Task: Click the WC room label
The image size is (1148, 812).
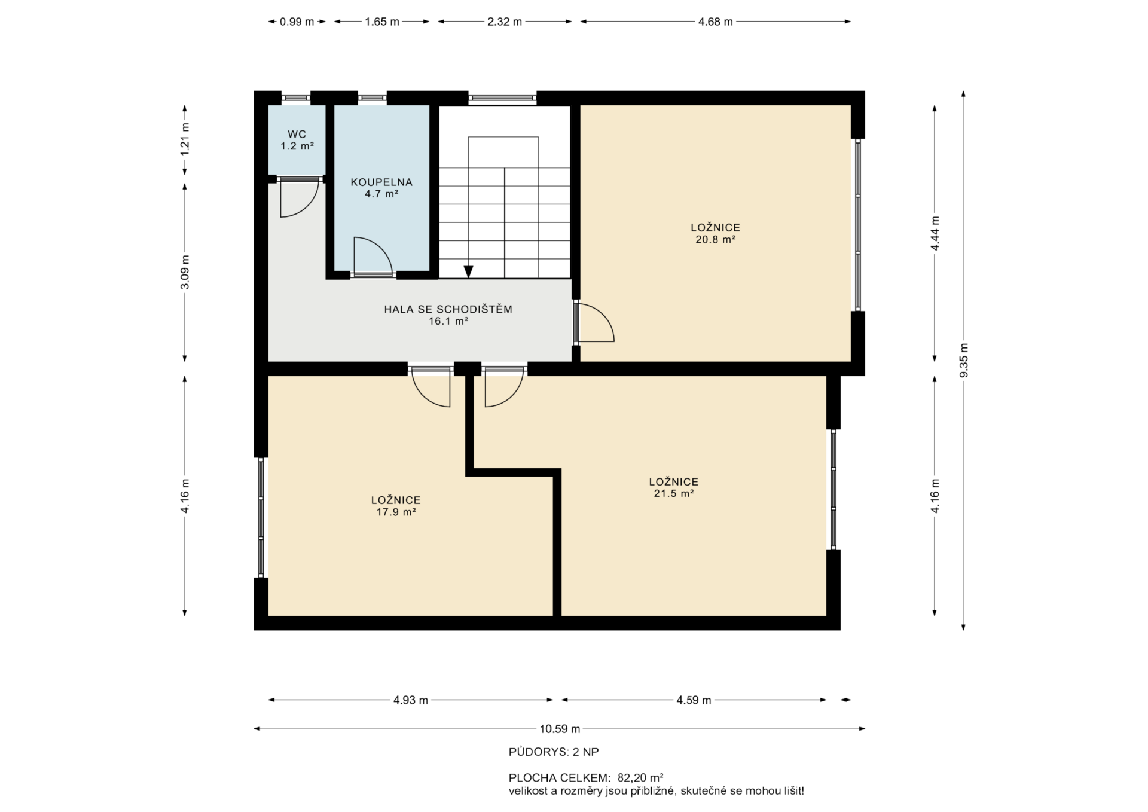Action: pos(297,134)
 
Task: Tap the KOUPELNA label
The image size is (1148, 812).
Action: pos(381,182)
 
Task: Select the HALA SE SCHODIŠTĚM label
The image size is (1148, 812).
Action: pos(448,309)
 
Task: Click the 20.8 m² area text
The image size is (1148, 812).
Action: pos(715,239)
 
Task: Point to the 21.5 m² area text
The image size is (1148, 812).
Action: pos(673,493)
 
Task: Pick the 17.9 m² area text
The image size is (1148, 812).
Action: pos(396,512)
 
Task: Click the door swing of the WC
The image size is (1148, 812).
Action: pos(300,197)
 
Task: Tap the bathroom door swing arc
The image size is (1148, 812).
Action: pos(373,256)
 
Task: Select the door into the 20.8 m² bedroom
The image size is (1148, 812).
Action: pos(594,322)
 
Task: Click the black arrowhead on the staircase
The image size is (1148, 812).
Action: pos(468,271)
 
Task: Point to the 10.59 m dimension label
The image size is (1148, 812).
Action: pos(560,729)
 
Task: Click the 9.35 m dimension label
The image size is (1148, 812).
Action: pos(963,360)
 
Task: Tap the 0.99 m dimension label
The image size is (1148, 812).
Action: pos(297,22)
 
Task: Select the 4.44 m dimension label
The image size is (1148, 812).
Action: pos(935,233)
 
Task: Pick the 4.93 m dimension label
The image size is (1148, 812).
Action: pos(411,700)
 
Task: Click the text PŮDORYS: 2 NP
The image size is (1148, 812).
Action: pos(554,752)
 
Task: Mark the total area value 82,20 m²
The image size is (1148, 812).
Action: pos(640,778)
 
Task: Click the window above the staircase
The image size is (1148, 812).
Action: pos(502,98)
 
